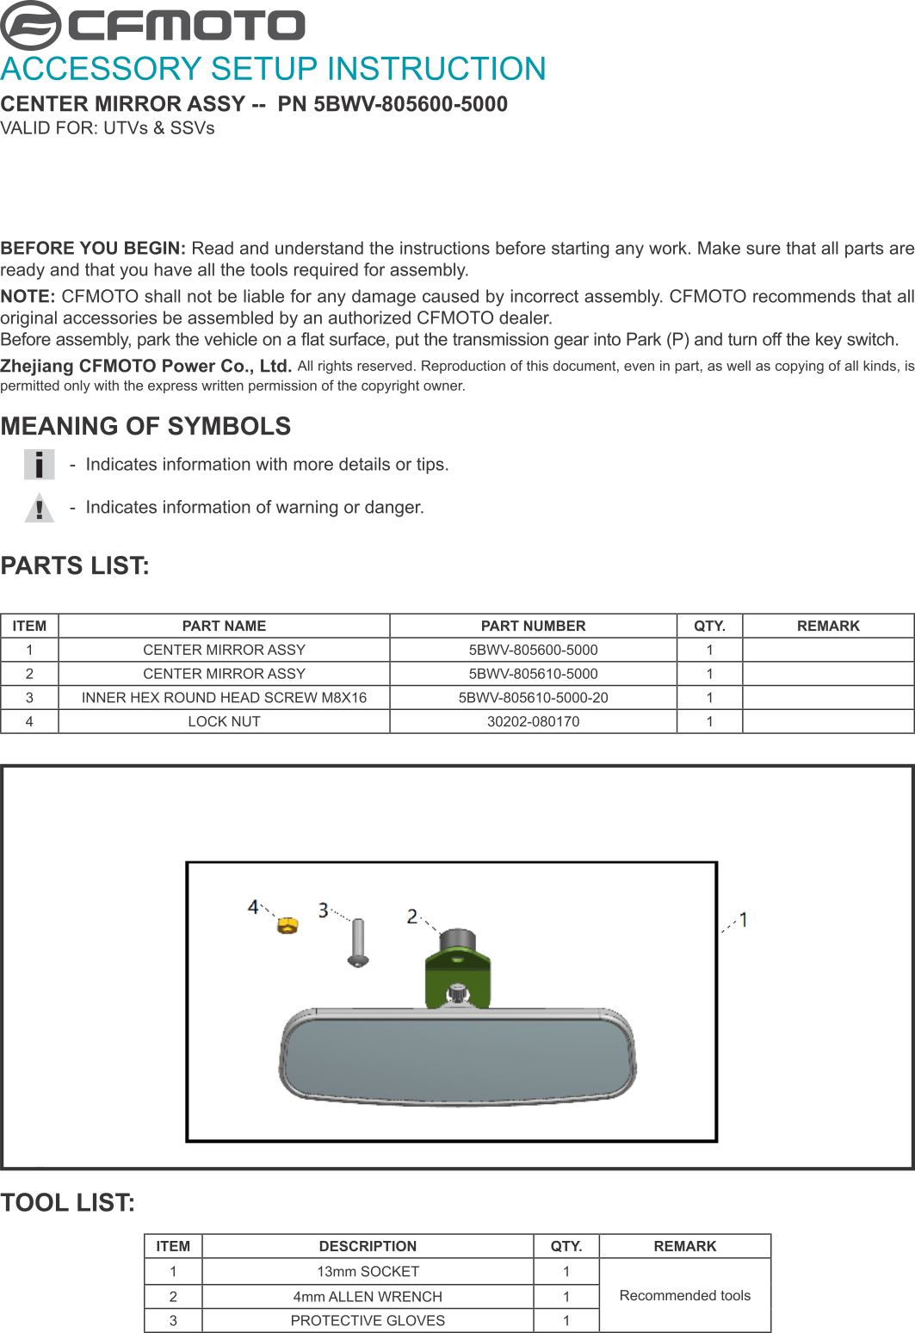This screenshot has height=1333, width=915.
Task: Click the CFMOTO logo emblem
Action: point(31,25)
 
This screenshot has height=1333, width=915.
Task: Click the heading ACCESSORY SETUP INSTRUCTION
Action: point(273,69)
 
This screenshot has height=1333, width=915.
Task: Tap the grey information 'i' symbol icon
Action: point(39,465)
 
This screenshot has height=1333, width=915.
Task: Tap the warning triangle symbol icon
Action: point(39,508)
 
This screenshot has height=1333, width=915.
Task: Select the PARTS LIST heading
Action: point(75,566)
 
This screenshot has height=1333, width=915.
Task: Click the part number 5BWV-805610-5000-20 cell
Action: point(533,698)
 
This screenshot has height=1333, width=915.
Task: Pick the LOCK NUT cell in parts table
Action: point(224,722)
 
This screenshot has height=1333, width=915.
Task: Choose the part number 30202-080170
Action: point(533,722)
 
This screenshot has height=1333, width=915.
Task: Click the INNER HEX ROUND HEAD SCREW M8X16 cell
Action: point(224,698)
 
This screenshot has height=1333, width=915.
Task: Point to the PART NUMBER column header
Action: point(533,626)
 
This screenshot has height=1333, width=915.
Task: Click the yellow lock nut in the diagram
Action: point(287,925)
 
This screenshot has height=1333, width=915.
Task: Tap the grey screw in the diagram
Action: point(358,942)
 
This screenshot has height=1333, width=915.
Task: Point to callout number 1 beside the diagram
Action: point(744,919)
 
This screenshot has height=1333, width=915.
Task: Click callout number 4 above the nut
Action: point(253,906)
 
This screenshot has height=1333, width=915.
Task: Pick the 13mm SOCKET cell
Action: point(368,1272)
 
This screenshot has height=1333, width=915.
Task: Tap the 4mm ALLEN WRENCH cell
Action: point(368,1297)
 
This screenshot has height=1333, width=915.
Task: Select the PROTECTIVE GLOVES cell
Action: point(368,1321)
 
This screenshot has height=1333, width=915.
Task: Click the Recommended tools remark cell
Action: point(684,1296)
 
